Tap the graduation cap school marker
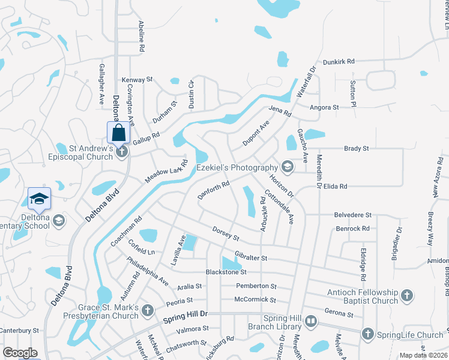39,198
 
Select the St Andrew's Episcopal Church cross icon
122,151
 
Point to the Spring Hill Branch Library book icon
311,322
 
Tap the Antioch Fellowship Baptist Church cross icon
407,295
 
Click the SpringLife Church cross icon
368,334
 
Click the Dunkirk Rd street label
339,61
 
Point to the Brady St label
356,148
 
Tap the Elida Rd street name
336,187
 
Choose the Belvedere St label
354,214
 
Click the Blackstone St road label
226,272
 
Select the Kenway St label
137,79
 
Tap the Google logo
20,353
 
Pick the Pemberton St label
256,286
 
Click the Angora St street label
324,107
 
